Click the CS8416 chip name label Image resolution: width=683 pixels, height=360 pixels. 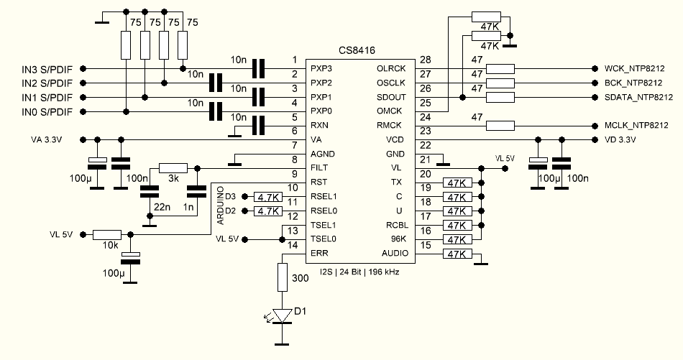(357, 50)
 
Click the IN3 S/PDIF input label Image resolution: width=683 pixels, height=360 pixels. (47, 69)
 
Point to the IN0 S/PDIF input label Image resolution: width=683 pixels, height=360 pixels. (47, 111)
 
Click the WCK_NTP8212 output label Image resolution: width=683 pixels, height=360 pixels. (634, 69)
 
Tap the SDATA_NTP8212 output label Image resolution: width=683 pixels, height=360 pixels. (637, 97)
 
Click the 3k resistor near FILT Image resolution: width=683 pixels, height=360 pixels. (173, 167)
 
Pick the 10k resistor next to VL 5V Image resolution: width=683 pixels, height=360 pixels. (107, 234)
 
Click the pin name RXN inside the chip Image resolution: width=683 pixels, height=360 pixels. (321, 125)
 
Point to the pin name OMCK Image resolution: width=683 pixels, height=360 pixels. (391, 111)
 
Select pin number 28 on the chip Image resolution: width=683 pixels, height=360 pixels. (424, 60)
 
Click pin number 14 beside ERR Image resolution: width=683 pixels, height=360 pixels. (293, 245)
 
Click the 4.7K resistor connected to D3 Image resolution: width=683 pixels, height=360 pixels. (267, 196)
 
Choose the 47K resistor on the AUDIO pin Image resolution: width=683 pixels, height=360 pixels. (458, 254)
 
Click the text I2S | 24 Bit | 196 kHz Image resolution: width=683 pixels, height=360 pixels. (357, 272)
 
